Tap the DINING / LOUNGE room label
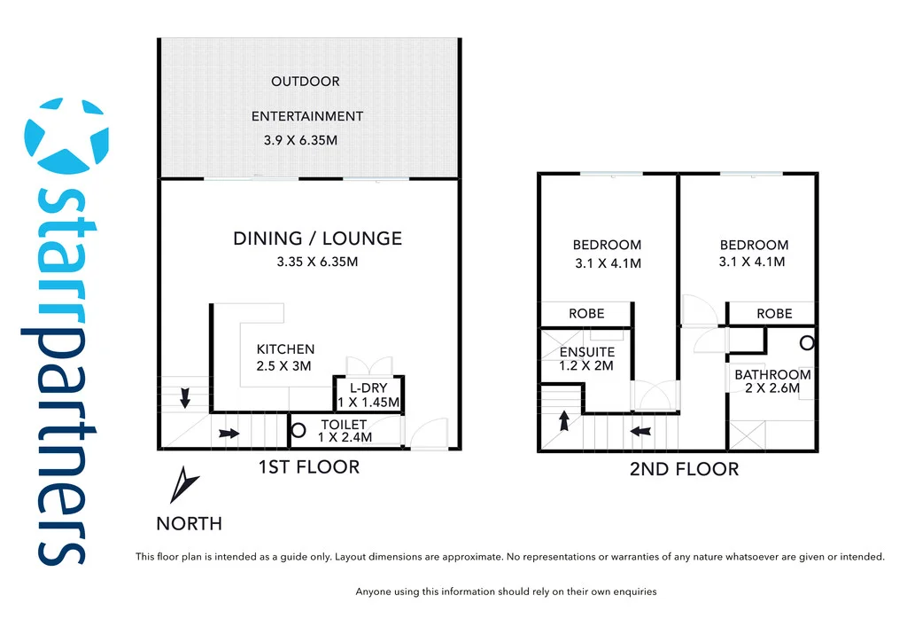coord(317,239)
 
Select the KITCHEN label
coord(285,349)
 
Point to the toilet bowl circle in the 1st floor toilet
coord(299,431)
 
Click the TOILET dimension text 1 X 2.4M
coord(345,437)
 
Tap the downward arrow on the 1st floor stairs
coord(184,398)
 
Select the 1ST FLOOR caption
coord(308,467)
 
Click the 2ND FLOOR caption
coord(684,469)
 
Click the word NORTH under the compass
coord(189,524)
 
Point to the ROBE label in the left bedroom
coord(586,314)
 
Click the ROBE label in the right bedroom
coord(774,314)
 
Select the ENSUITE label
coord(586,352)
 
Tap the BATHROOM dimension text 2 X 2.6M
coord(772,388)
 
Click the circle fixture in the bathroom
coord(807,342)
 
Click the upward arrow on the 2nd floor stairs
coord(563,419)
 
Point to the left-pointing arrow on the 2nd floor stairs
coord(640,432)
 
